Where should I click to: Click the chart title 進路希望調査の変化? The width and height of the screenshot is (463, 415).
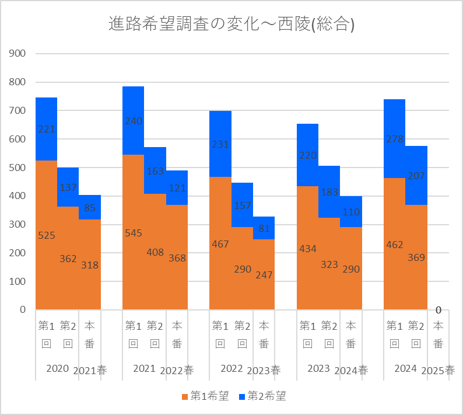[232, 24]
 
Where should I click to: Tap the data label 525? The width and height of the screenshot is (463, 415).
[46, 236]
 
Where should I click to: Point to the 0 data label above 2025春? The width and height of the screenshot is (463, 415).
[438, 310]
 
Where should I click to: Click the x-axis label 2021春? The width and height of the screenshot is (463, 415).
[90, 370]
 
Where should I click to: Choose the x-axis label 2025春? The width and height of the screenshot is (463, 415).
[438, 370]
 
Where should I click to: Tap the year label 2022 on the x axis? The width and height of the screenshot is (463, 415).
[232, 368]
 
